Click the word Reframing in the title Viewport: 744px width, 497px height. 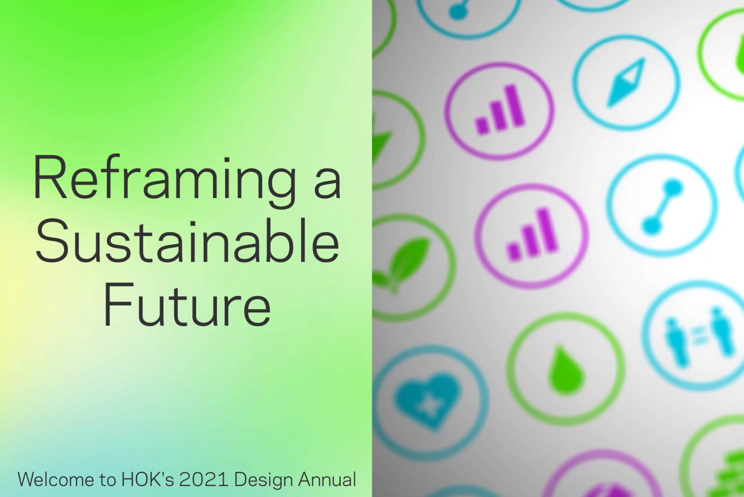(x=164, y=181)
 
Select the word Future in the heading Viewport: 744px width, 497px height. (x=187, y=303)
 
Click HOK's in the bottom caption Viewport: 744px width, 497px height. (x=148, y=479)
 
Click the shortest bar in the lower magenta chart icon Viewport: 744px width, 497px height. (x=513, y=252)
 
